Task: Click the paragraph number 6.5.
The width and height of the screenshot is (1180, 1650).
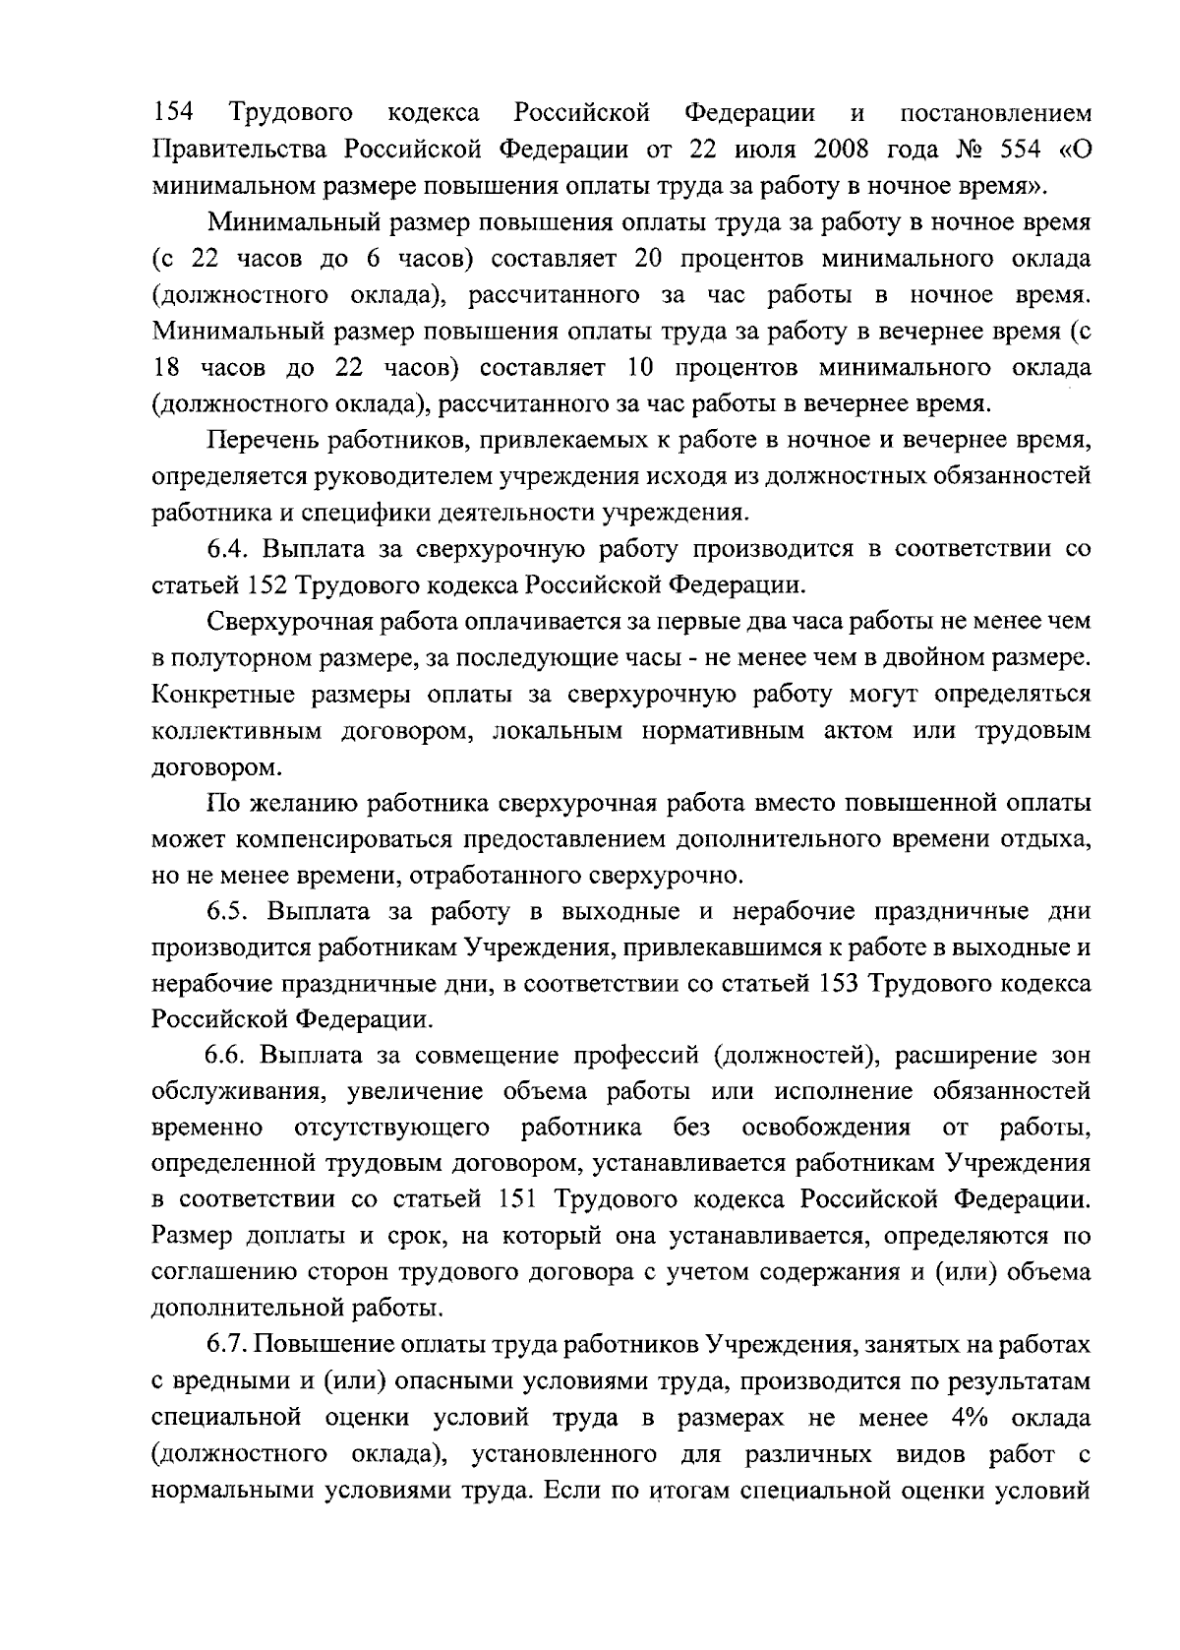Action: (x=229, y=912)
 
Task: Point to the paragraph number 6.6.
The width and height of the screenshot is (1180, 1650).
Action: (x=229, y=1057)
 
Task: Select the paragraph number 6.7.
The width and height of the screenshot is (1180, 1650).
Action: (x=228, y=1345)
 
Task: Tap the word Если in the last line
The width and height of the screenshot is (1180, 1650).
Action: (x=567, y=1491)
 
